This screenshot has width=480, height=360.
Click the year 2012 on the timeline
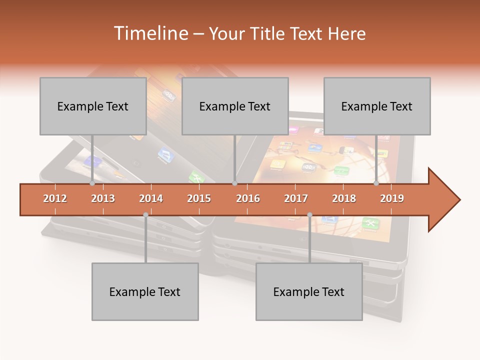[55, 198]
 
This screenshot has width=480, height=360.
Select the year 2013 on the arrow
[103, 198]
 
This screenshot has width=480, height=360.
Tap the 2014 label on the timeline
[151, 198]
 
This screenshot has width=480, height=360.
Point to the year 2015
[199, 198]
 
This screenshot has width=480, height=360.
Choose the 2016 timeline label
[248, 198]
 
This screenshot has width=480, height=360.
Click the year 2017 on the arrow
[296, 198]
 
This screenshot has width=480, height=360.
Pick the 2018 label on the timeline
[344, 198]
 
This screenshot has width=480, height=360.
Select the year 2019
[392, 198]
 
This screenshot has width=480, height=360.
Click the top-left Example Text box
[93, 106]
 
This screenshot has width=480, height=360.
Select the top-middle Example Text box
[235, 106]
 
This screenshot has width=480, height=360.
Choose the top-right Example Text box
[377, 106]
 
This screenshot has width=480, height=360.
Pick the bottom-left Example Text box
[145, 291]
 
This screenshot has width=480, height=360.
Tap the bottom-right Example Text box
[309, 291]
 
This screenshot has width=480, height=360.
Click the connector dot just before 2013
[92, 183]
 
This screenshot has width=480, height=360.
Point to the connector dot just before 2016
[234, 183]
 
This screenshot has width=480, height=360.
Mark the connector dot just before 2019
[376, 183]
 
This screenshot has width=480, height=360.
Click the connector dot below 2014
[145, 215]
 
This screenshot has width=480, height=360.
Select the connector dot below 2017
[309, 215]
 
